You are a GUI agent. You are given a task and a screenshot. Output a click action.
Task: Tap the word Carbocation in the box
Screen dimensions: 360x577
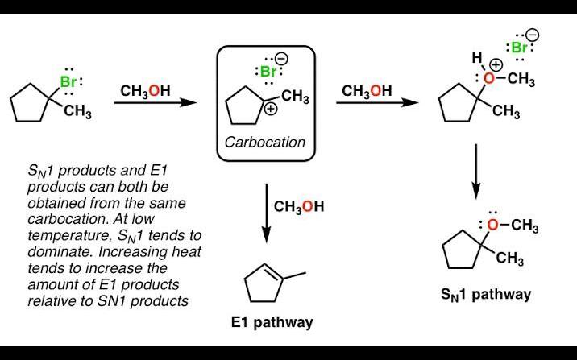pos(265,143)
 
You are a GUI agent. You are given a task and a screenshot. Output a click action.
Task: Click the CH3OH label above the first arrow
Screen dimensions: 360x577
pos(145,91)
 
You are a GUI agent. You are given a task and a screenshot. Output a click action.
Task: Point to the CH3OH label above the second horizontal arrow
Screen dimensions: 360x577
pos(367,91)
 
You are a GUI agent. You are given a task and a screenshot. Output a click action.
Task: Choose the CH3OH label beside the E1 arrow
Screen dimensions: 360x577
pos(299,207)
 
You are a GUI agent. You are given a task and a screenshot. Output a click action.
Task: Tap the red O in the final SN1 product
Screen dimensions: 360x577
pos(493,226)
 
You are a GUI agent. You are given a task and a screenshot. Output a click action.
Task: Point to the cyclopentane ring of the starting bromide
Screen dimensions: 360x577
pos(31,104)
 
